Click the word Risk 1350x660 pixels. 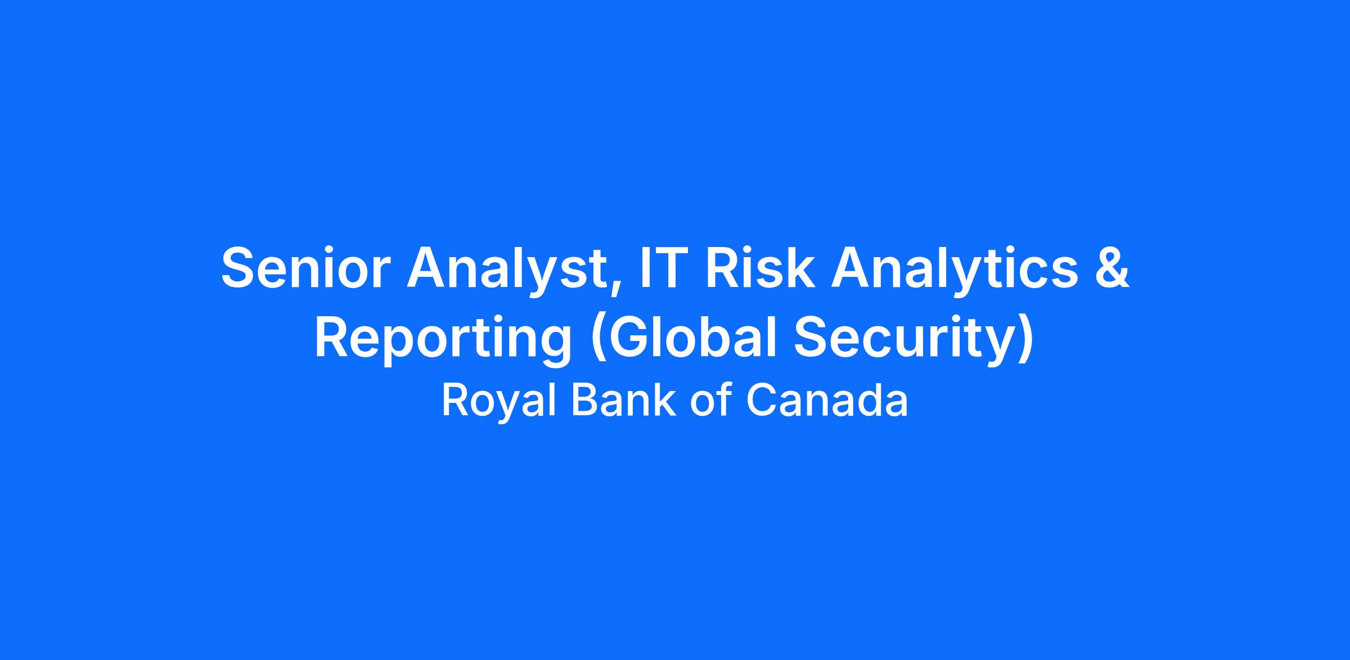[x=759, y=267]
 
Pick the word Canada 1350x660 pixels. [x=827, y=401]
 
